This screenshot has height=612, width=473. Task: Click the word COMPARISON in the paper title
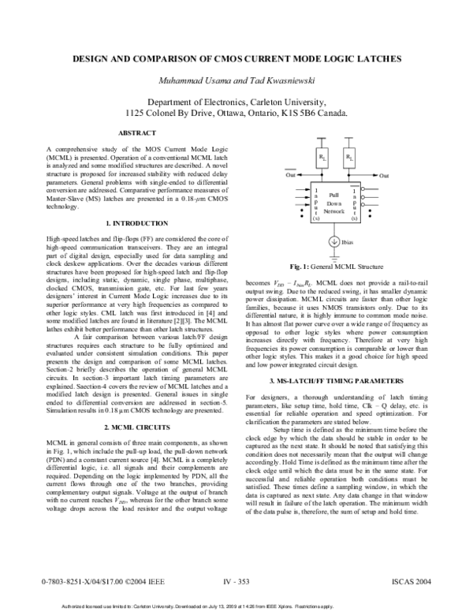click(x=178, y=59)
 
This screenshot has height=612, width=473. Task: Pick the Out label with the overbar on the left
click(x=291, y=176)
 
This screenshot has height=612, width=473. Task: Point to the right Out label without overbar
click(x=384, y=176)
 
